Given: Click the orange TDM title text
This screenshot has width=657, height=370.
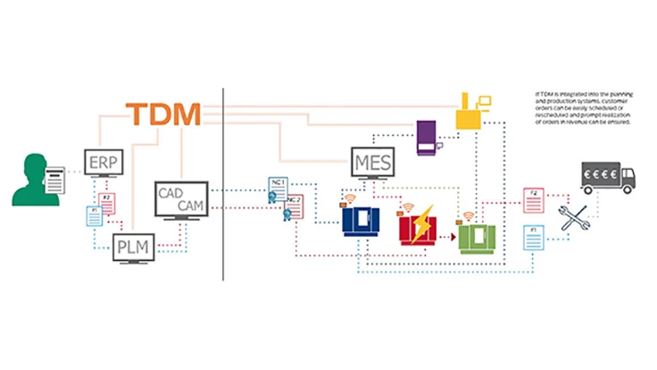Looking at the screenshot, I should coord(163,114).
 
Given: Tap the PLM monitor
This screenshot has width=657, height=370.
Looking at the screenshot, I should coord(135,246).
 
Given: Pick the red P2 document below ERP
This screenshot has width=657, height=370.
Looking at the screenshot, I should coord(107,202).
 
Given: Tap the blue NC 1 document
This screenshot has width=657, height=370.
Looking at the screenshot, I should coord(277,186).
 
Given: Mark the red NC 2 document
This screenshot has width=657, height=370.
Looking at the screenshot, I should coord(295,206).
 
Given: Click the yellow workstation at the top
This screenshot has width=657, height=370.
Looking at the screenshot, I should coord(470,111).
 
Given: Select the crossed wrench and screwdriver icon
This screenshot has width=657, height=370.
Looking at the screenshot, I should coord(574,217).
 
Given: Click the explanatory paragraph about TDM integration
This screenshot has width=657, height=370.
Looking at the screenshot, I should coord(583,113).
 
